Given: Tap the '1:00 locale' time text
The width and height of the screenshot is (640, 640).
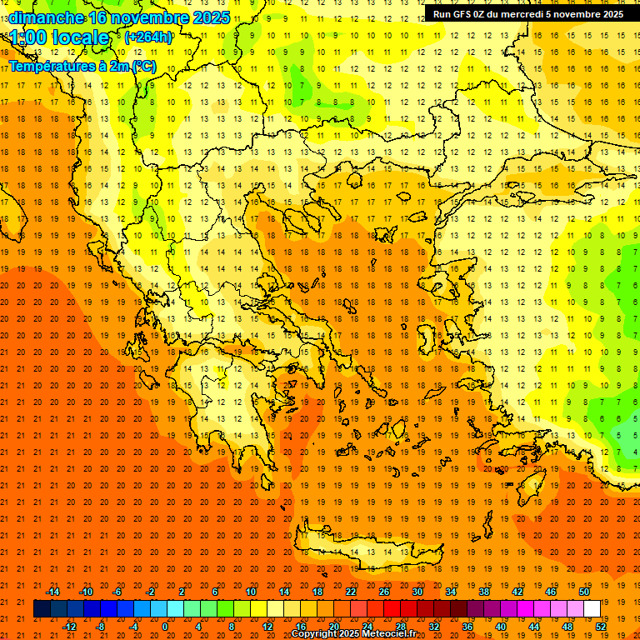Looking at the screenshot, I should tap(59, 37).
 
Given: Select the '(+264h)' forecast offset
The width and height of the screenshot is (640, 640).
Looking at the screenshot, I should tap(147, 37).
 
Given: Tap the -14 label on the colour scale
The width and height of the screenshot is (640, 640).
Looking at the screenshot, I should tap(52, 592).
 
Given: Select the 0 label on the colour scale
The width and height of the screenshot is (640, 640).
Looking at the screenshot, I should tap(164, 627).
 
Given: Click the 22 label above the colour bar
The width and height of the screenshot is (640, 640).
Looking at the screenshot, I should tap(352, 592).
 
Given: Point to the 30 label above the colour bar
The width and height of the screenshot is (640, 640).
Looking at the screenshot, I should tap(417, 592).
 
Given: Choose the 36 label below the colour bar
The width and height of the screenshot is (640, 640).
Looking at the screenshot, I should tap(467, 627).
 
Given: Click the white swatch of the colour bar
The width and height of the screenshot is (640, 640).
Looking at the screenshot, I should tap(592, 609).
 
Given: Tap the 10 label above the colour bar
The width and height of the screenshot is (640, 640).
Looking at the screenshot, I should tap(251, 592).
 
